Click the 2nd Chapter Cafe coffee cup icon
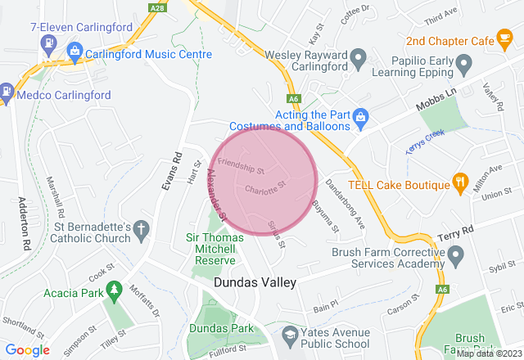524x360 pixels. point(505,38)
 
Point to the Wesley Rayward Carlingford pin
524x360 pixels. point(358,58)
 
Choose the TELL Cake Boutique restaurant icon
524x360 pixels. point(460,182)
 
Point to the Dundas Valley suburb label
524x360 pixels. point(255,281)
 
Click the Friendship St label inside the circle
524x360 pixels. point(242,170)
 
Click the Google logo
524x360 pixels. point(29,350)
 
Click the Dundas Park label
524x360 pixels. point(215,326)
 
